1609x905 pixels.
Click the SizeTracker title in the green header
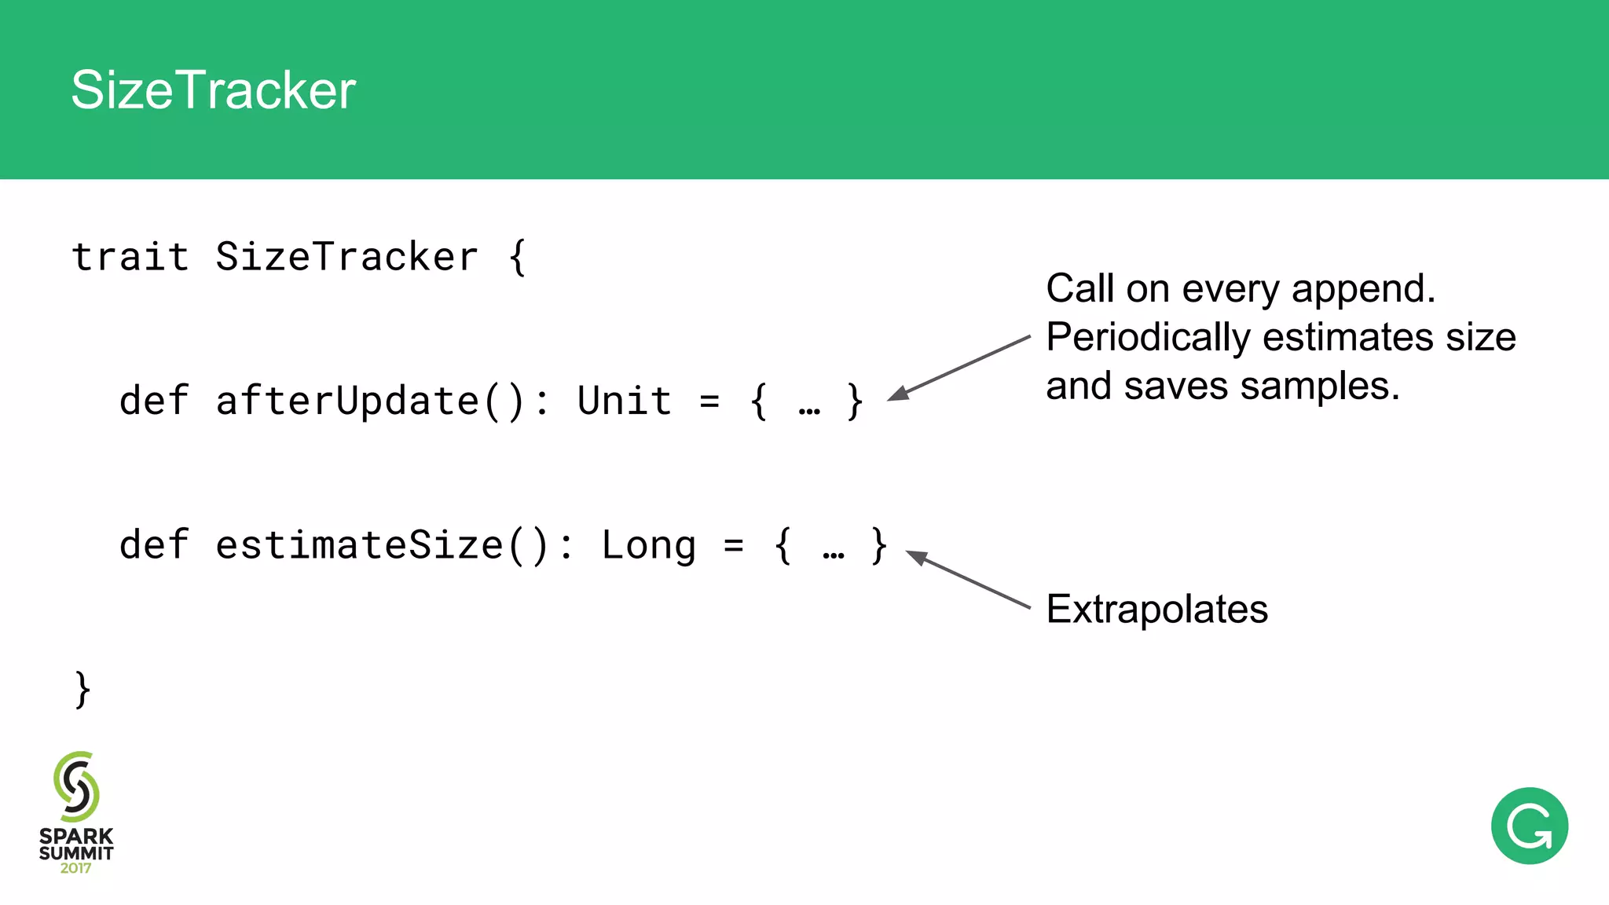tap(213, 90)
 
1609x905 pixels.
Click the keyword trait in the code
tap(130, 257)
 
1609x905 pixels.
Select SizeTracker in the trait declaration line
tap(346, 257)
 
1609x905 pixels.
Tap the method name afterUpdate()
tap(369, 401)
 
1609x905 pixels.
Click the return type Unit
tap(625, 401)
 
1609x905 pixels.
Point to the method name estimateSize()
tap(382, 546)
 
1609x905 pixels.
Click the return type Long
tap(648, 546)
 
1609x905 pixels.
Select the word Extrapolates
tap(1156, 610)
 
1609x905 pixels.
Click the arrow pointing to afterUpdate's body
tap(958, 368)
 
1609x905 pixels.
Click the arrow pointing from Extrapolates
tap(968, 581)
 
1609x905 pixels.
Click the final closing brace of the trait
tap(82, 690)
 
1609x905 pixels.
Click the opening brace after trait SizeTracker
tap(517, 257)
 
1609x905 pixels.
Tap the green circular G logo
tap(1529, 826)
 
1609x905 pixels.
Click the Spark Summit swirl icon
tap(76, 787)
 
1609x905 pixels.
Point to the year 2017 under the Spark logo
tap(75, 869)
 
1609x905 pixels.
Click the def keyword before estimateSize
tap(154, 546)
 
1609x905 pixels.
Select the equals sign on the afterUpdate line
tap(709, 401)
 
